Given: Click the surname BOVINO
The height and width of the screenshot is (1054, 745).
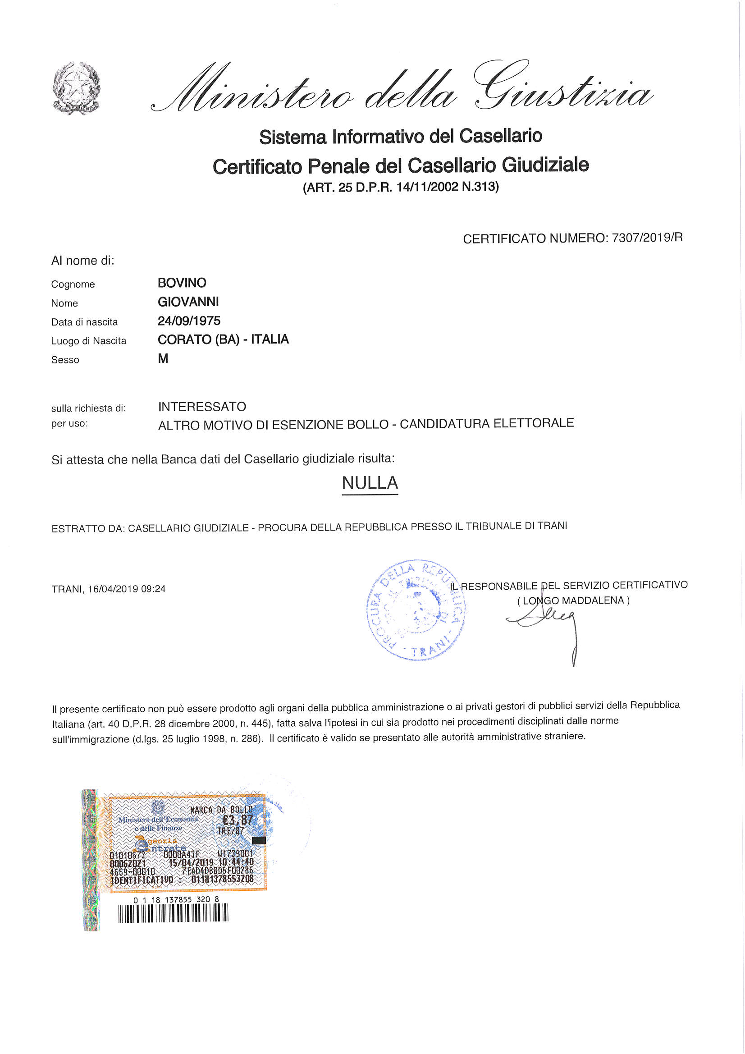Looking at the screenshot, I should (182, 283).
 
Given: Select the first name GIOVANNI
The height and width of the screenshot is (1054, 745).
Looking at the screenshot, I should (188, 302).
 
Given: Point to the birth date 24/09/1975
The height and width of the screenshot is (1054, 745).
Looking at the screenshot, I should (189, 321).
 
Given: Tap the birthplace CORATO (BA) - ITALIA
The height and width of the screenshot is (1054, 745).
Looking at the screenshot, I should (223, 339).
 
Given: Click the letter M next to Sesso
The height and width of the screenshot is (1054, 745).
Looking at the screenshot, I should (163, 358).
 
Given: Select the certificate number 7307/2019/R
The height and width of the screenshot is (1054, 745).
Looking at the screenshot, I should (647, 237).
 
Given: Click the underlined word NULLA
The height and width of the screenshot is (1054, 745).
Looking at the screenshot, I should (370, 483).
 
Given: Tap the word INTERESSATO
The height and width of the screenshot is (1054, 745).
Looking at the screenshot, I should (202, 407).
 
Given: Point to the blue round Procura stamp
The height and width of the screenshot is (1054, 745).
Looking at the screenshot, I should (416, 610).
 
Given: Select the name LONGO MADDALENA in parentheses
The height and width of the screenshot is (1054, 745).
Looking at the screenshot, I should (574, 600).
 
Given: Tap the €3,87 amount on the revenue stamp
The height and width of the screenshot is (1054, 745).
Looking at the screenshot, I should (238, 820).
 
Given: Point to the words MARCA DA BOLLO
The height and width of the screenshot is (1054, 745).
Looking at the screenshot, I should (221, 810).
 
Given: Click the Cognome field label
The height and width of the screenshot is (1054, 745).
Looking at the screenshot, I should (73, 284).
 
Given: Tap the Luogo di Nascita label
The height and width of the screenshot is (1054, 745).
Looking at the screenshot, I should (89, 341).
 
